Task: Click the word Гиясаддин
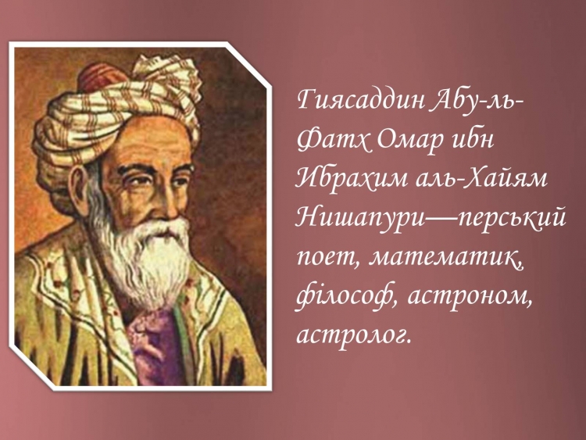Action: point(361,101)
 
